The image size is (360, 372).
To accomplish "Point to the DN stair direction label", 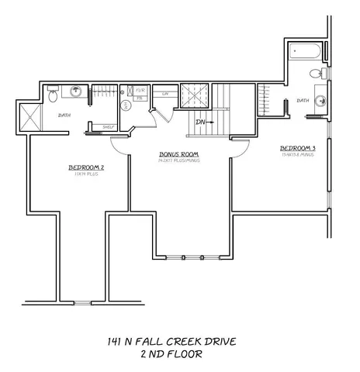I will (x=200, y=122).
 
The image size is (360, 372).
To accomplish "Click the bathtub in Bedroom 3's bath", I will (x=307, y=55).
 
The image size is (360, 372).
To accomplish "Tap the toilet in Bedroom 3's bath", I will (x=314, y=74).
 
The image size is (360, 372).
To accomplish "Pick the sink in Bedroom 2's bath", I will (x=77, y=92).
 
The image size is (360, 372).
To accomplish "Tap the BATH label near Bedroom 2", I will (x=65, y=115).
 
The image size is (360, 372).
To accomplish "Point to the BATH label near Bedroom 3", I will (x=303, y=100).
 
